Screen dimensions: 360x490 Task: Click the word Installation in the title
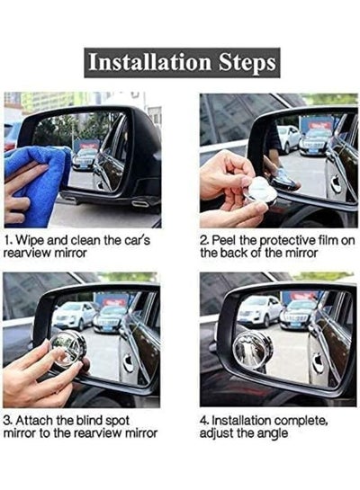coord(149,62)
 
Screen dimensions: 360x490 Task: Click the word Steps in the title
coord(247,63)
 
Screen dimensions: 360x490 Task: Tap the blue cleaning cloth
coord(38,182)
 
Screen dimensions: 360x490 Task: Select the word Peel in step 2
coord(224,240)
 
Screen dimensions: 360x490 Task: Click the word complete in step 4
coord(300,422)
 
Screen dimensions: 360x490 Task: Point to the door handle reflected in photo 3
coord(128,362)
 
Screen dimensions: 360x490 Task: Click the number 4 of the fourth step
coord(203,421)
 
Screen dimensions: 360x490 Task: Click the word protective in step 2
coord(287,241)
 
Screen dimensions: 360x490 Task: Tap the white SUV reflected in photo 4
coord(259,310)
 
